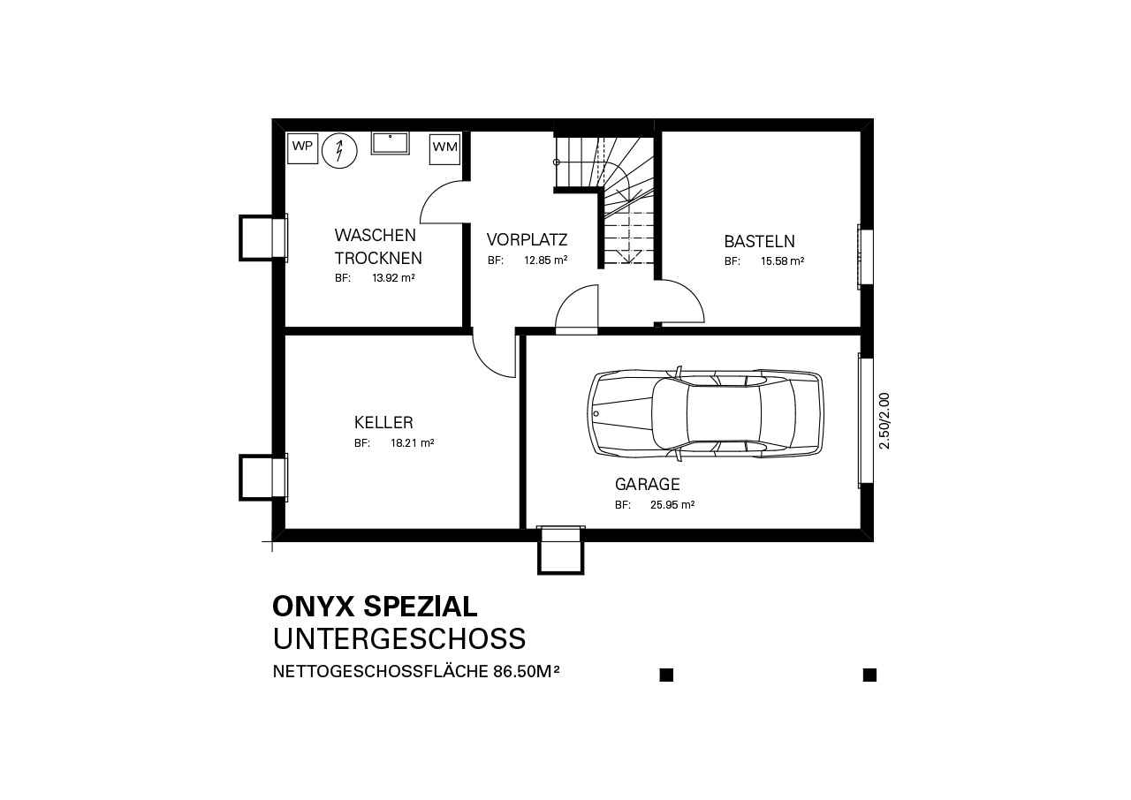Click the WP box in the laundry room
tap(302, 148)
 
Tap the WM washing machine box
tap(444, 149)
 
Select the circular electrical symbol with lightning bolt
tap(340, 150)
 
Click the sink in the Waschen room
tap(391, 143)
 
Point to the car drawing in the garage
tap(705, 413)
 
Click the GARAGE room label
tap(648, 484)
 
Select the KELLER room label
tap(383, 422)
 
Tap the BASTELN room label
tap(759, 242)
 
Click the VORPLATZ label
tap(528, 239)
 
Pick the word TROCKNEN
tap(378, 258)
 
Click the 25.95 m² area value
tap(672, 505)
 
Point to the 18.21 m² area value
tap(413, 443)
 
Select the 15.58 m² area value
tap(783, 261)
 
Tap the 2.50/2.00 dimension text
tap(884, 421)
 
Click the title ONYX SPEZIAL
tap(376, 607)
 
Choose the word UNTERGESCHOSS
tap(399, 639)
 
